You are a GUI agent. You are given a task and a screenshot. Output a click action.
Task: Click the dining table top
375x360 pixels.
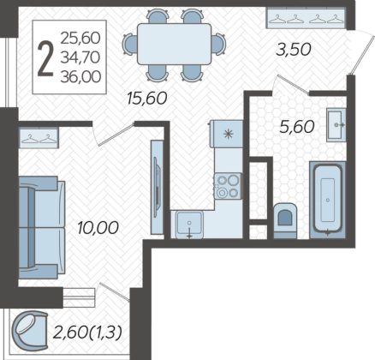[x=174, y=44]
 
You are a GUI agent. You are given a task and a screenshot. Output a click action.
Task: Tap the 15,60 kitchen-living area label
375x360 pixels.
[x=147, y=99]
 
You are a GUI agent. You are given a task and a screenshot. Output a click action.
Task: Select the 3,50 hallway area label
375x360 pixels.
[x=294, y=50]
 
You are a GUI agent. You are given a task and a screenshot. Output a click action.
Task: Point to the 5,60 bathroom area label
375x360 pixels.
[x=297, y=127]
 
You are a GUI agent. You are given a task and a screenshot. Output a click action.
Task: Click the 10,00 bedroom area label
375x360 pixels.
[x=98, y=228]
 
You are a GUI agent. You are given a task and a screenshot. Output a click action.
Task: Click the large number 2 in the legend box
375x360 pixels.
[x=45, y=58]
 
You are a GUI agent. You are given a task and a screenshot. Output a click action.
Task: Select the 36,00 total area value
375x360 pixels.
[x=80, y=77]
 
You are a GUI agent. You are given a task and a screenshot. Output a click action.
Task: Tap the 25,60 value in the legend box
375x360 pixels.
[x=80, y=38]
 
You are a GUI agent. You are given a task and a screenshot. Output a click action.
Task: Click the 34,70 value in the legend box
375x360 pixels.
[x=80, y=57]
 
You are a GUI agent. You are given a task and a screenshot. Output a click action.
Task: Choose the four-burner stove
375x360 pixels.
[x=228, y=186]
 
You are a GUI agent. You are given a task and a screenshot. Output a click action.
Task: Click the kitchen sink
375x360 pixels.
[x=189, y=225]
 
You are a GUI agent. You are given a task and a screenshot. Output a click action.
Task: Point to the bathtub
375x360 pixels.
[x=328, y=199]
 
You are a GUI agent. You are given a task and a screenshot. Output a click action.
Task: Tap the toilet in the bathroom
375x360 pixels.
[x=285, y=220]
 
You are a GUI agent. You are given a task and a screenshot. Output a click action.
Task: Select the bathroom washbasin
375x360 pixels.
[x=336, y=125]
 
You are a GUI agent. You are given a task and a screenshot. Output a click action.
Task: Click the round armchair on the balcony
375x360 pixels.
[x=30, y=331]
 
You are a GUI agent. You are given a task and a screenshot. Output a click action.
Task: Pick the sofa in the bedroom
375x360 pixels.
[x=42, y=227]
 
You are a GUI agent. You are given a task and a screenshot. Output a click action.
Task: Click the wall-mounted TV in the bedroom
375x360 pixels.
[x=157, y=187]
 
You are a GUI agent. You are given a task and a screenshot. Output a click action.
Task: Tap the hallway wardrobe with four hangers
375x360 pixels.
[x=307, y=18]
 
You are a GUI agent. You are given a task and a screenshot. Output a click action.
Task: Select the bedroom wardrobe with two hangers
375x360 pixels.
[x=39, y=138]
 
